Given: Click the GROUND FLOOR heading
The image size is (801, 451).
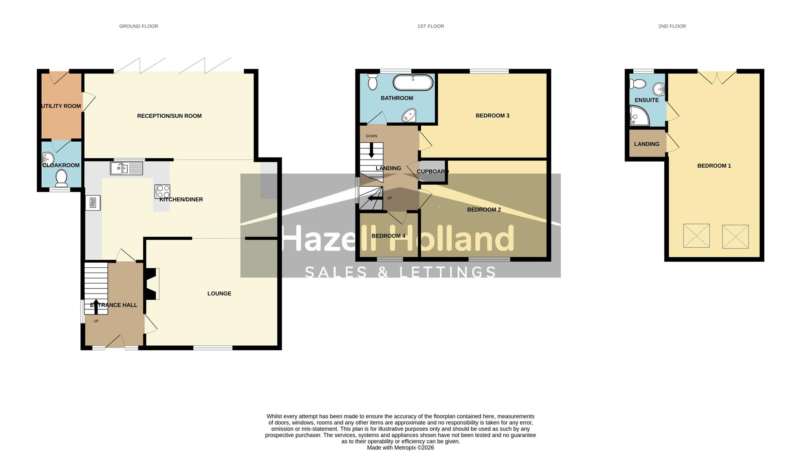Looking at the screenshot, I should [139, 26].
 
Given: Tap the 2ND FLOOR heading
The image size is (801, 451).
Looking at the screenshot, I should [672, 26].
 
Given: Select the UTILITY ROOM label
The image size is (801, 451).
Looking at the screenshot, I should [61, 106].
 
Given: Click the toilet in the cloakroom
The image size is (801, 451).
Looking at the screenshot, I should [62, 178].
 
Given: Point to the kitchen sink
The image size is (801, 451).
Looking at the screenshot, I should [126, 168].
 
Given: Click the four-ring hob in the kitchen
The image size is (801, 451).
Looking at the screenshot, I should [162, 192].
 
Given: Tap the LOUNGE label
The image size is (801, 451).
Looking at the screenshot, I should [219, 294].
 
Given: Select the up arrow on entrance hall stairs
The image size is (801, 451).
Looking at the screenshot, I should [96, 306].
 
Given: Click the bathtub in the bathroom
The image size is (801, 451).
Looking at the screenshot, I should [413, 82].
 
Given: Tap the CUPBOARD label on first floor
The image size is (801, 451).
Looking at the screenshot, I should [432, 172].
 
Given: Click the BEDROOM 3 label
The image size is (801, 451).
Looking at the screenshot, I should [492, 116].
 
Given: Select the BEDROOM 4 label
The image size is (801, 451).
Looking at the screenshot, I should [388, 236].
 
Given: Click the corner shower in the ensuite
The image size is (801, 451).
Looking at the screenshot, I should [638, 116].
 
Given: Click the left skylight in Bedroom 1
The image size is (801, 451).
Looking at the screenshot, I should [696, 236].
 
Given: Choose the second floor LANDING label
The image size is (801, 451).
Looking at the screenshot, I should [646, 144].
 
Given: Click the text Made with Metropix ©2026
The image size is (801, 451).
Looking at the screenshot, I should [400, 448].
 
